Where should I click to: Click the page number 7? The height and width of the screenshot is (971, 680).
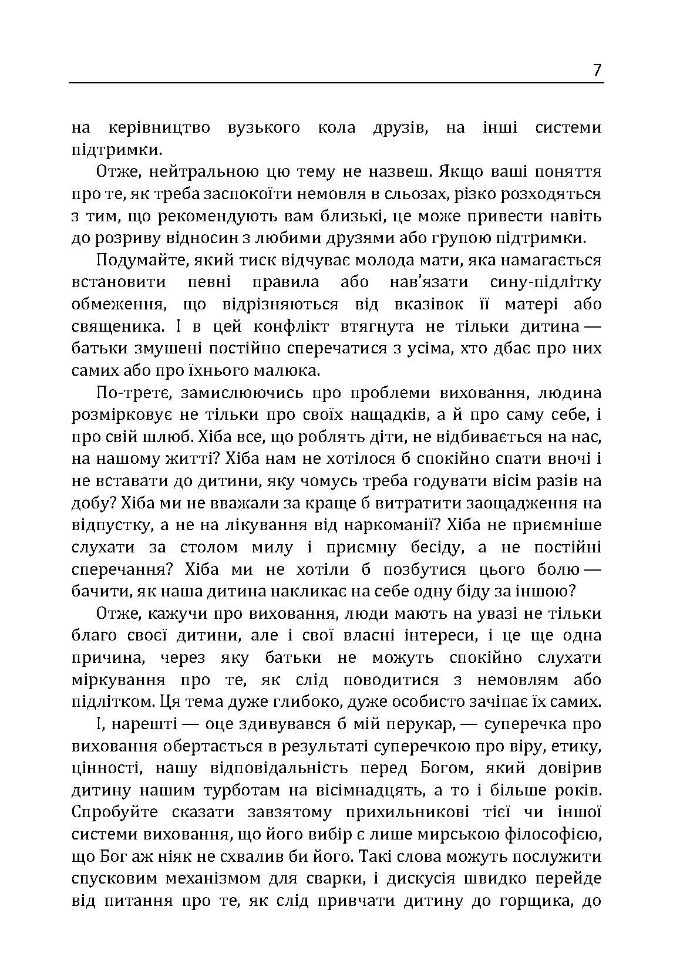click(x=597, y=70)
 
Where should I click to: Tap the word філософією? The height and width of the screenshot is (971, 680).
click(x=553, y=834)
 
